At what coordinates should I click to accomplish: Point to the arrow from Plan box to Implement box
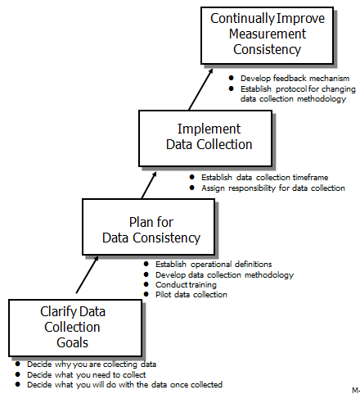pyautogui.click(x=148, y=182)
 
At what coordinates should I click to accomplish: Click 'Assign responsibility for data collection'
pyautogui.click(x=272, y=188)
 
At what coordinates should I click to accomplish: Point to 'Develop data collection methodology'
pyautogui.click(x=223, y=274)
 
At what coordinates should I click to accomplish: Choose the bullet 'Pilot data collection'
pyautogui.click(x=191, y=294)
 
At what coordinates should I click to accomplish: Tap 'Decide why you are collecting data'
pyautogui.click(x=91, y=364)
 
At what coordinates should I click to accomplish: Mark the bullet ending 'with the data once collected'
pyautogui.click(x=124, y=383)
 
